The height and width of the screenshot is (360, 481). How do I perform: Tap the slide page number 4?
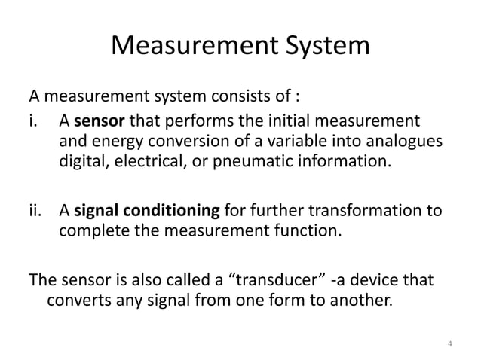coord(449,345)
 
